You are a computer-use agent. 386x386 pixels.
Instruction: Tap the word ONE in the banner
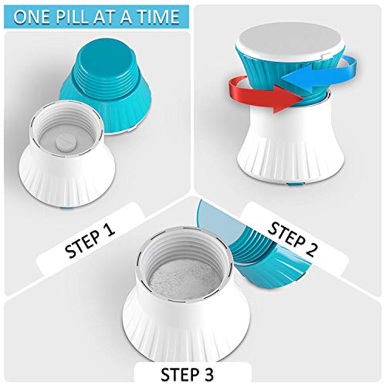point(32,17)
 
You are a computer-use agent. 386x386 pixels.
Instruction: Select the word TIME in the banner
point(158,17)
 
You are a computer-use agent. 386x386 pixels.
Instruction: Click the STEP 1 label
point(90,240)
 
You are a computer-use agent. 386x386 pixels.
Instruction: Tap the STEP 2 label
point(292,239)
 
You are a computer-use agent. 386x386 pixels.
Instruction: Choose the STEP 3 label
point(187,374)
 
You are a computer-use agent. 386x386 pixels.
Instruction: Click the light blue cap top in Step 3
point(216,218)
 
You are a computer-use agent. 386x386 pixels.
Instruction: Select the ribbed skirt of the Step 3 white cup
point(187,334)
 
